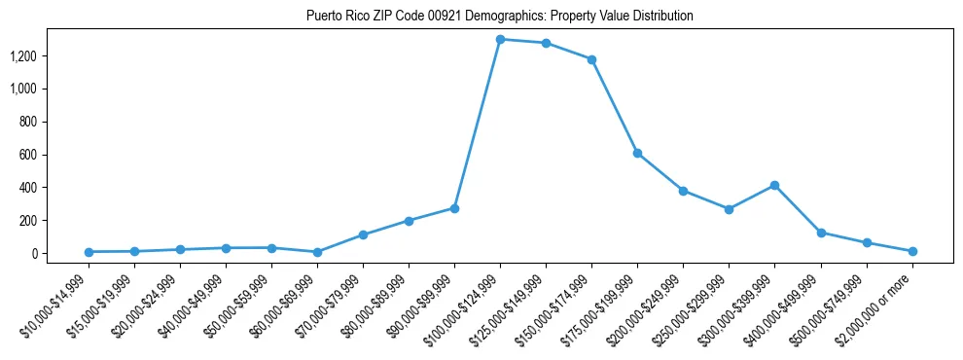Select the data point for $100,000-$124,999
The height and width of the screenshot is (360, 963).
click(x=500, y=39)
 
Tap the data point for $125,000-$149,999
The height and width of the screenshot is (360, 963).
click(x=546, y=43)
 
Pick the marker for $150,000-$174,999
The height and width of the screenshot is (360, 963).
click(x=591, y=59)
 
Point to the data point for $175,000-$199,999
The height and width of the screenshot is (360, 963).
click(x=637, y=153)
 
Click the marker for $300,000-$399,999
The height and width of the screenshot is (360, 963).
click(x=774, y=185)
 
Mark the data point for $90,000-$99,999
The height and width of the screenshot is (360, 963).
click(x=454, y=208)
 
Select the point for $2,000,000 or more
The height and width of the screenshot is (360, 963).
click(x=912, y=251)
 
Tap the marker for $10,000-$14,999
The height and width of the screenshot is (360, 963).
click(x=89, y=252)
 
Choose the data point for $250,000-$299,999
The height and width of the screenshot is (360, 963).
click(x=729, y=209)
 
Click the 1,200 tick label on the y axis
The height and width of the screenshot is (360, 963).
click(x=23, y=56)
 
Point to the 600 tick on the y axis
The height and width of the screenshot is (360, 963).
click(x=27, y=155)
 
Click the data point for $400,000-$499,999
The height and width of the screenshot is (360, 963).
click(x=821, y=233)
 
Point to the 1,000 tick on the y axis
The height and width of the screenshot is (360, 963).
click(x=23, y=89)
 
